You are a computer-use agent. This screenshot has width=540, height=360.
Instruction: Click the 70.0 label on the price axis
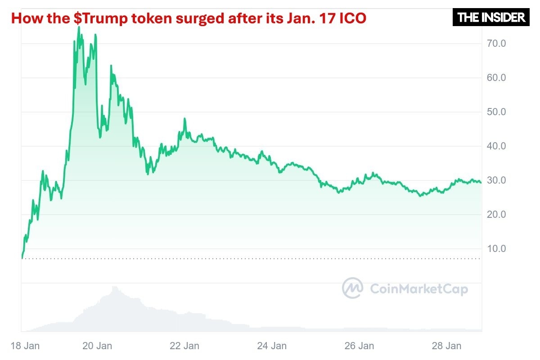[x=496, y=44]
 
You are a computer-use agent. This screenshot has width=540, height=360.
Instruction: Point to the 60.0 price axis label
[x=496, y=78]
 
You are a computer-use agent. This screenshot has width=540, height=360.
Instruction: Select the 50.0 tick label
[x=496, y=112]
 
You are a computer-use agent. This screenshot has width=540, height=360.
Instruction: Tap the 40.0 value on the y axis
[x=496, y=146]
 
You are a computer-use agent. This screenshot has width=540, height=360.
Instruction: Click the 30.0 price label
[x=496, y=180]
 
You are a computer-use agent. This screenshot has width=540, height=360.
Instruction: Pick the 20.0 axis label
[x=496, y=215]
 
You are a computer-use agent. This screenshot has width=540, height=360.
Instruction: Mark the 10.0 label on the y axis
[x=496, y=249]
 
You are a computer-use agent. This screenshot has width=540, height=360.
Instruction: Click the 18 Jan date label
[x=25, y=346]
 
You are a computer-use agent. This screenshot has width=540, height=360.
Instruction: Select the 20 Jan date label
[x=98, y=346]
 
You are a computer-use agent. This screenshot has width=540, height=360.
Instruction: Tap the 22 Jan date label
[x=185, y=346]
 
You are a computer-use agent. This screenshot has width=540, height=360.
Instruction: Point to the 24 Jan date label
[x=272, y=346]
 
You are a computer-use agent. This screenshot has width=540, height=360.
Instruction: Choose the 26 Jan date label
[x=359, y=346]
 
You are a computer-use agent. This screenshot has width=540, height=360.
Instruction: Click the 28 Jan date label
[x=446, y=346]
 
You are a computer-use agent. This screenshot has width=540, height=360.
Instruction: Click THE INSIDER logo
[x=491, y=18]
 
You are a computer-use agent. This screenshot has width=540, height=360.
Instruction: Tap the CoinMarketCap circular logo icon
[x=352, y=288]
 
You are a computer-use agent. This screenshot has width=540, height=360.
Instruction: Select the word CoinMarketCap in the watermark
[x=418, y=289]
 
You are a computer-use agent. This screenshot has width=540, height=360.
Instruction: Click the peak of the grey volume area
[x=114, y=287]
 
